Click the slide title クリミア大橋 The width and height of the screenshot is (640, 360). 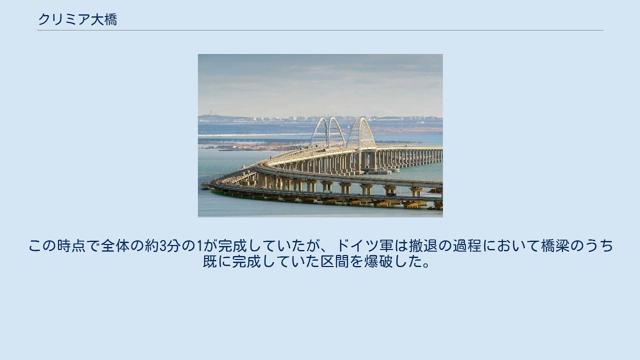coord(77,19)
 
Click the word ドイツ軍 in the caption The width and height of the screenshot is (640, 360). coord(365,245)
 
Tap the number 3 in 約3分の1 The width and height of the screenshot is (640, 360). coord(163,246)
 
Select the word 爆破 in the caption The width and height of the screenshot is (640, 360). coord(378,261)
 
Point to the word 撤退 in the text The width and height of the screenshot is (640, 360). coord(423,245)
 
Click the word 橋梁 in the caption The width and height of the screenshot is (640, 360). coord(555,245)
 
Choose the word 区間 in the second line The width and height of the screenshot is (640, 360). coord(334,261)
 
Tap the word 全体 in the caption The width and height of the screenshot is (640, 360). coord(115,245)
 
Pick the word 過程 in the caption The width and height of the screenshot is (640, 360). coord(467,245)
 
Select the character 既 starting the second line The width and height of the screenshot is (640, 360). coord(210,261)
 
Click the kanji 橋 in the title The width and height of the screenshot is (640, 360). coord(110,19)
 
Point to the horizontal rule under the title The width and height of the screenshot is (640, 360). coord(320,30)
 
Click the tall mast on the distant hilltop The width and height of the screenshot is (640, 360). coord(210,112)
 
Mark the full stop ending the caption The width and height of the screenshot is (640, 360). coord(426,265)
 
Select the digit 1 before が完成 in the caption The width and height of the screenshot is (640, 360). coord(199,246)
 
